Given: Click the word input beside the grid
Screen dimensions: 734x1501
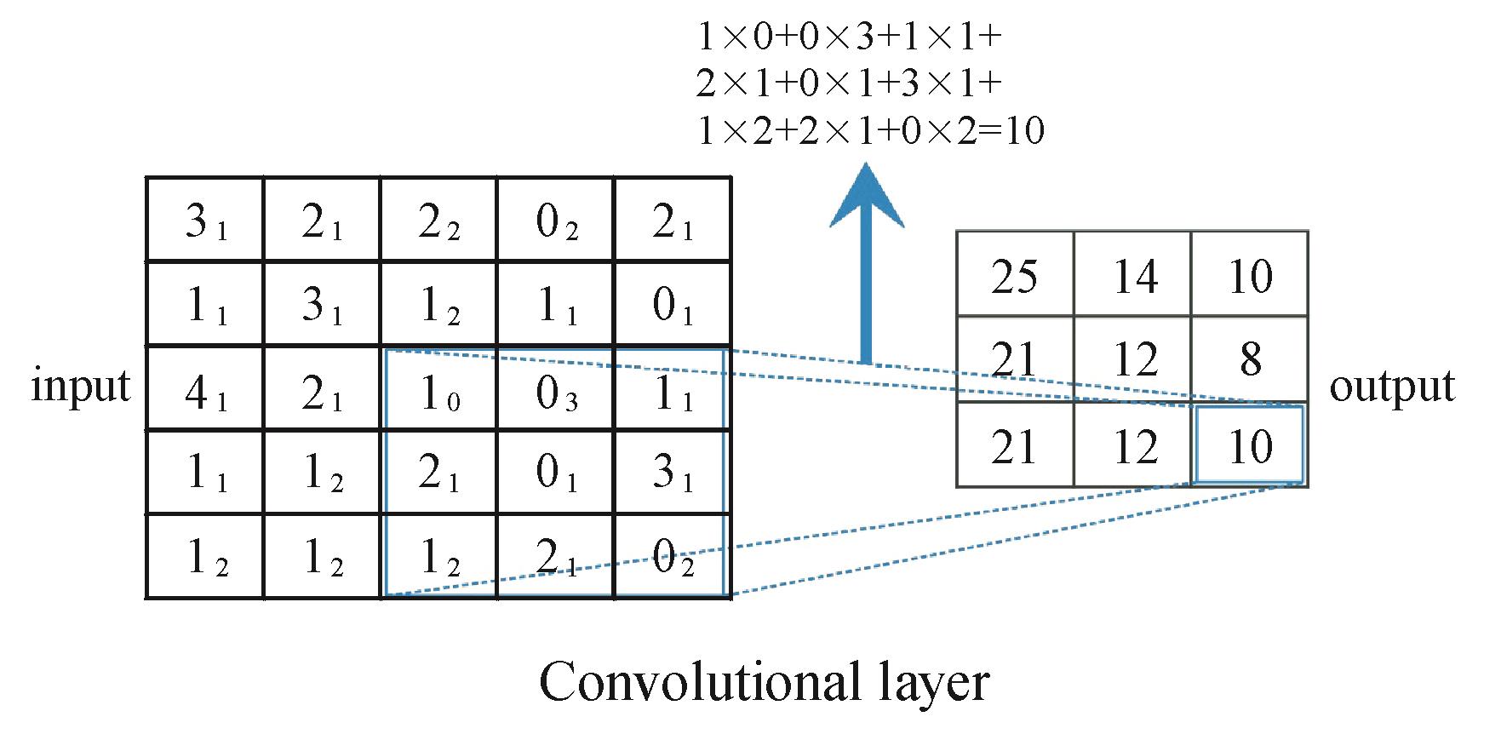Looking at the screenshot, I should point(81,387).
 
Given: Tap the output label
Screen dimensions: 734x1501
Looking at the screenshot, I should point(1392,387).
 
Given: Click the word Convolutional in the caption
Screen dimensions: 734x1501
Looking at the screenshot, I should point(690,681).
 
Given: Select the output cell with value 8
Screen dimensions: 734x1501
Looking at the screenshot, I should point(1250,359).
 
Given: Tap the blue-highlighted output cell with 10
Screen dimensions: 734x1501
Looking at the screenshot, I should point(1250,445).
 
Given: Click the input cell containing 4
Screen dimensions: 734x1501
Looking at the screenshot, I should point(205,388).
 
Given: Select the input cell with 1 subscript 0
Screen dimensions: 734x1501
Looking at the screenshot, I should point(439,388).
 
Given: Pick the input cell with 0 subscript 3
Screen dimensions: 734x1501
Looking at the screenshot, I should point(556,388).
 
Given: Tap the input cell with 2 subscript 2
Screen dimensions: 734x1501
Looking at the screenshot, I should point(439,220).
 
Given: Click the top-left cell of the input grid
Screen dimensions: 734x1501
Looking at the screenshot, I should point(205,220).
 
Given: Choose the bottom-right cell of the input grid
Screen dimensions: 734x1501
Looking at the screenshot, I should point(673,556).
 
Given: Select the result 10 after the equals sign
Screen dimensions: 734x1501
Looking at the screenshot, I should point(1024,131).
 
